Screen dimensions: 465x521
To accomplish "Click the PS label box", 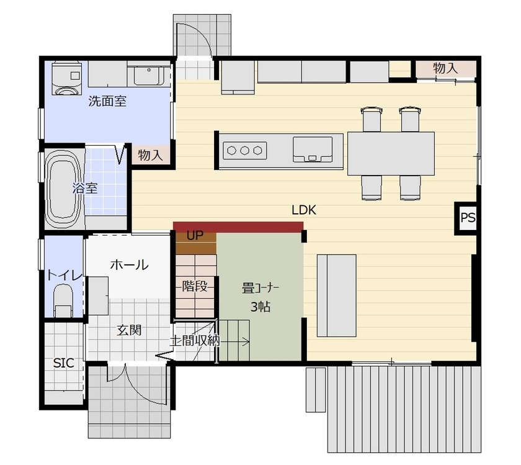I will [x=468, y=218].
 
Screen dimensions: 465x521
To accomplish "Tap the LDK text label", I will [x=304, y=210].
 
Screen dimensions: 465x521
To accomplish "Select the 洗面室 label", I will [x=107, y=101].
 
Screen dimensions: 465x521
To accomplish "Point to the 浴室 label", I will [x=85, y=188].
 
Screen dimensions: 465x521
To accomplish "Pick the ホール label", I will [x=129, y=265].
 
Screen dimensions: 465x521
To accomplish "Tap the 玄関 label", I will [x=130, y=330].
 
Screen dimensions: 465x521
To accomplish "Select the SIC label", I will [x=63, y=363].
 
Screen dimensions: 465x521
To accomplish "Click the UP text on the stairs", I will [x=195, y=236].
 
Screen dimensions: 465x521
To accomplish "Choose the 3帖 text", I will [x=260, y=306].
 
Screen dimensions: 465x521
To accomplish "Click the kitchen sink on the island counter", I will [x=314, y=149].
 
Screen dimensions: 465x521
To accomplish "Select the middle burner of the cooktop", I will [x=244, y=149].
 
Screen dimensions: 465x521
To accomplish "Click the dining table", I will [x=391, y=153].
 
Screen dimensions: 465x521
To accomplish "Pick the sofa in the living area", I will [x=337, y=295].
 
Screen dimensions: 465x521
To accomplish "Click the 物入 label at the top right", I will [x=445, y=68].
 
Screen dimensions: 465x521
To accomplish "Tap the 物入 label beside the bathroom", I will [x=150, y=155].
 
